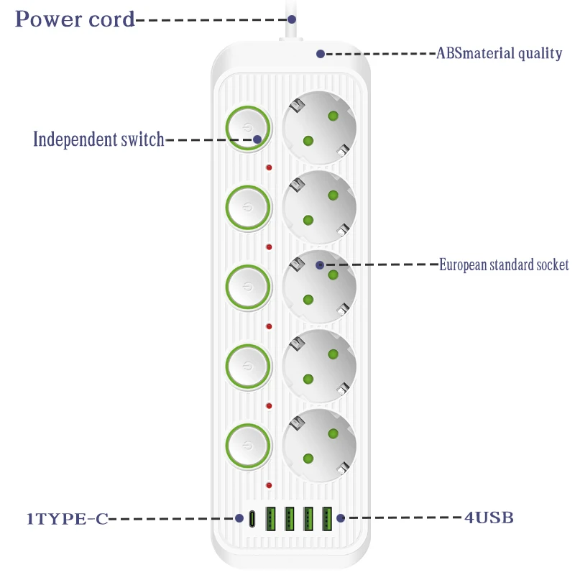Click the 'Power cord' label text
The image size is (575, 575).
click(75, 19)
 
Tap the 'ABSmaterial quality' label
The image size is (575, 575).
click(500, 53)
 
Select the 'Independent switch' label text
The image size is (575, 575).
click(99, 139)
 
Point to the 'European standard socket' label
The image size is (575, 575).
click(504, 264)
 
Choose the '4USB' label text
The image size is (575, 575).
click(488, 517)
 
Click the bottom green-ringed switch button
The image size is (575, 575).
click(248, 445)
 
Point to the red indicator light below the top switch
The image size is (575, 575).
click(269, 168)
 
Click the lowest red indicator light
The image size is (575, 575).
click(269, 485)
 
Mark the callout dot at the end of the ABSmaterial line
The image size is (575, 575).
click(321, 53)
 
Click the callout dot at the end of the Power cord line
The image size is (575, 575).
click(293, 19)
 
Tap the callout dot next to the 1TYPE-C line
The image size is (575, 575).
click(239, 517)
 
